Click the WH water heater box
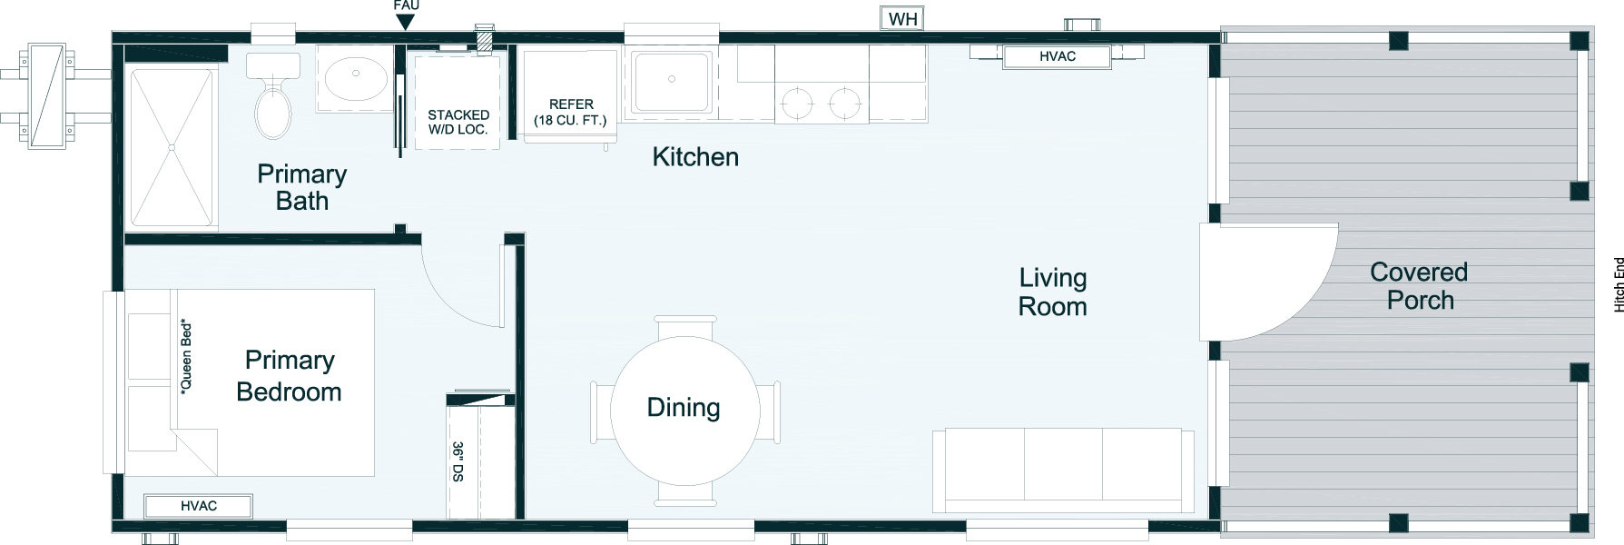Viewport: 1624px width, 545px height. pyautogui.click(x=901, y=19)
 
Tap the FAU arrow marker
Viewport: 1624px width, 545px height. pyautogui.click(x=406, y=22)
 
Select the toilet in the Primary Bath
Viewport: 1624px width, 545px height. pyautogui.click(x=272, y=95)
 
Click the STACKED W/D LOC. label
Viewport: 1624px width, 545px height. pyautogui.click(x=458, y=122)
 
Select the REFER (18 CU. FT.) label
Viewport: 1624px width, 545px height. pyautogui.click(x=571, y=112)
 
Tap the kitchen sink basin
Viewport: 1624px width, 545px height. pyautogui.click(x=672, y=81)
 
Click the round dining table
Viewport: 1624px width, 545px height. pyautogui.click(x=684, y=410)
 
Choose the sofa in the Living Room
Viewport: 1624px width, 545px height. pyautogui.click(x=1063, y=471)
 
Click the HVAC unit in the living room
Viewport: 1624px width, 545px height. pyautogui.click(x=1057, y=56)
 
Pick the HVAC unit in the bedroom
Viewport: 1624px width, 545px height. pyautogui.click(x=199, y=506)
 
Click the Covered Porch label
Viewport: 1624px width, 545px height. pyautogui.click(x=1419, y=286)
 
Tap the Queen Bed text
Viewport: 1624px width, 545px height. pyautogui.click(x=186, y=355)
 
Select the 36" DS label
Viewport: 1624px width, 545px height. pyautogui.click(x=458, y=461)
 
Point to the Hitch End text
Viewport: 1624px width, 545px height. pyautogui.click(x=1617, y=285)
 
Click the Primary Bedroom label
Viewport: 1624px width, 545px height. pyautogui.click(x=290, y=376)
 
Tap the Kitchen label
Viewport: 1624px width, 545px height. pyautogui.click(x=695, y=157)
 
